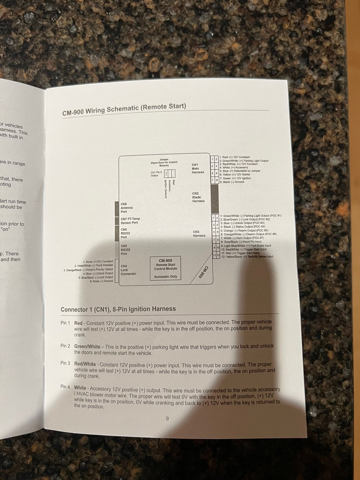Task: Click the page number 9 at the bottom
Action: pyautogui.click(x=167, y=418)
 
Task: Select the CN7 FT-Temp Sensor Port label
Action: pyautogui.click(x=130, y=221)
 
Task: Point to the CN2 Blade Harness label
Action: pyautogui.click(x=198, y=197)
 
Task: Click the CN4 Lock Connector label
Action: pyautogui.click(x=128, y=270)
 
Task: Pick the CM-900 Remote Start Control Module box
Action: pyautogui.click(x=165, y=268)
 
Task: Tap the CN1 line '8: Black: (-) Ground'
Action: pyautogui.click(x=232, y=182)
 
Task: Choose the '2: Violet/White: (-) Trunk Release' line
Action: pyautogui.click(x=94, y=266)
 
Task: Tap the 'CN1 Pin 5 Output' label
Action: pyautogui.click(x=156, y=174)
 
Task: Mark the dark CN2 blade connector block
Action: pyautogui.click(x=214, y=198)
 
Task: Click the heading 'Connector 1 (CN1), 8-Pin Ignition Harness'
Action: pyautogui.click(x=118, y=309)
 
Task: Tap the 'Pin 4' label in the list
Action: pyautogui.click(x=65, y=387)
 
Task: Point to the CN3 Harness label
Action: pyautogui.click(x=199, y=234)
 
